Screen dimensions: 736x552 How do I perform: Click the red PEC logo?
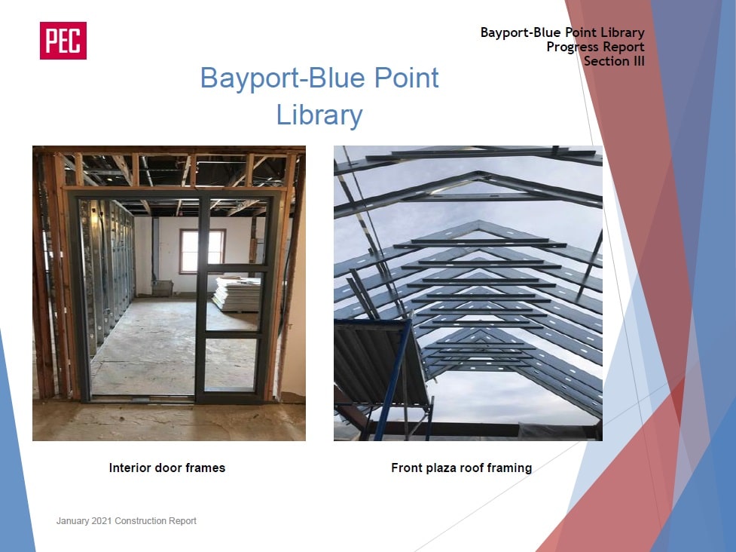pyautogui.click(x=63, y=41)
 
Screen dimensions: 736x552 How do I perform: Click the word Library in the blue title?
pyautogui.click(x=319, y=115)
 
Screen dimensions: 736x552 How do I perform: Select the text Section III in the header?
pyautogui.click(x=614, y=61)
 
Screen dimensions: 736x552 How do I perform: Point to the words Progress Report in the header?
pyautogui.click(x=595, y=47)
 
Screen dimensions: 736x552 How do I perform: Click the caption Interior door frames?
pyautogui.click(x=167, y=468)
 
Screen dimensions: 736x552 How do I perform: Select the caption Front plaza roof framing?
pyautogui.click(x=461, y=468)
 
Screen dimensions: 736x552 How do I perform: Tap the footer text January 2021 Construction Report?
pyautogui.click(x=127, y=521)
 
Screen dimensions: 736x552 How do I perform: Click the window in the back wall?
pyautogui.click(x=202, y=251)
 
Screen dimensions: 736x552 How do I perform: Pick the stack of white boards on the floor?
pyautogui.click(x=237, y=294)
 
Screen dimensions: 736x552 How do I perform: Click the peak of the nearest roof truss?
pyautogui.click(x=478, y=173)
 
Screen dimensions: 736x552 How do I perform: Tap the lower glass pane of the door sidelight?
pyautogui.click(x=231, y=363)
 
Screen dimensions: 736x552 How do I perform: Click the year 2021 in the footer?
pyautogui.click(x=102, y=521)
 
